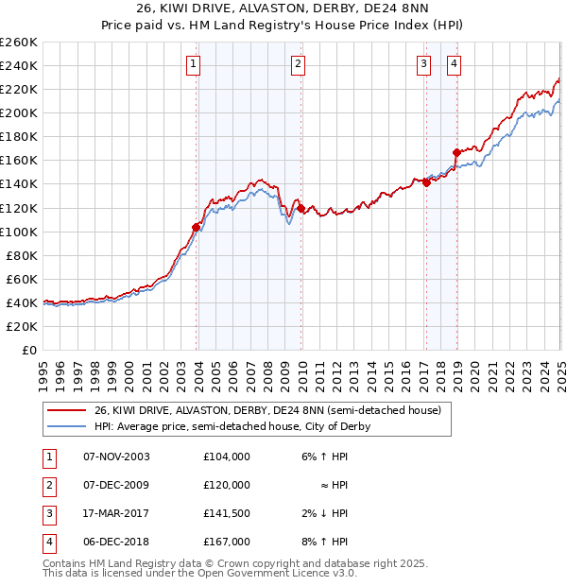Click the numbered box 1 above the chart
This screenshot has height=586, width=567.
click(193, 64)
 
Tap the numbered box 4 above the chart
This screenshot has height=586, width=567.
click(455, 64)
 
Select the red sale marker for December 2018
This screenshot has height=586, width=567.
click(455, 152)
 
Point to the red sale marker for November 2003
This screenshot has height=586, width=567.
click(197, 227)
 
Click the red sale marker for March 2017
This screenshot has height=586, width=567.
click(426, 182)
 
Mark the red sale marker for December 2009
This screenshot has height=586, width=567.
click(301, 208)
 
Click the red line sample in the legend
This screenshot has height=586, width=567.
click(67, 411)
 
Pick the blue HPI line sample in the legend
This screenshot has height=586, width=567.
click(67, 426)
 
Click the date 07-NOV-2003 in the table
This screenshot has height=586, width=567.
click(116, 457)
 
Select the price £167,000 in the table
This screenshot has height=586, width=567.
click(227, 542)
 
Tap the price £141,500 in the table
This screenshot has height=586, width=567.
click(227, 513)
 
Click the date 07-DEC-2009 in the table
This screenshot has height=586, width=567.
click(116, 485)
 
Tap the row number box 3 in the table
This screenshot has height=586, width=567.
click(47, 513)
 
